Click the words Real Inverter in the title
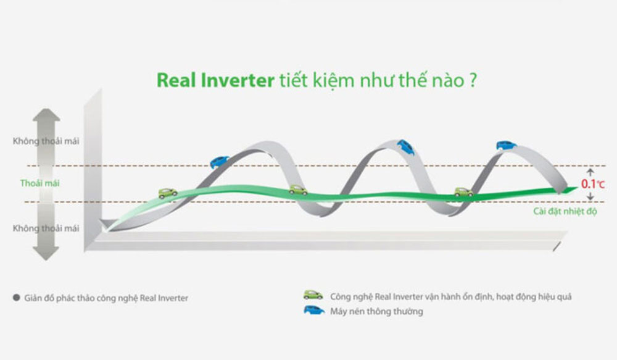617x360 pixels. [x=215, y=80]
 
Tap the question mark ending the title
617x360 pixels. [x=473, y=80]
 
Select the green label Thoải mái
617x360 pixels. [x=39, y=183]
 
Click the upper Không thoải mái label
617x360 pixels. [x=46, y=141]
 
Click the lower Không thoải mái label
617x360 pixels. [x=46, y=228]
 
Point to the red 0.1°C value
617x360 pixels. [x=592, y=183]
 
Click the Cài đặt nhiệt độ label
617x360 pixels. [x=565, y=211]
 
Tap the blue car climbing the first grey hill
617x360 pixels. [x=219, y=162]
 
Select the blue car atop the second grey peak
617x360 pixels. [x=405, y=148]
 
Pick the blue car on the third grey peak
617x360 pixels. [x=507, y=145]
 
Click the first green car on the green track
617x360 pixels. [x=168, y=193]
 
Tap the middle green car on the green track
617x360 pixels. [x=298, y=190]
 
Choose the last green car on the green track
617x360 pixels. [x=465, y=191]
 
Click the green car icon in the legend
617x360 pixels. [x=313, y=295]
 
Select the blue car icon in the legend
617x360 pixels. [x=314, y=311]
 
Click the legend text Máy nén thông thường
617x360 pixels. [x=376, y=311]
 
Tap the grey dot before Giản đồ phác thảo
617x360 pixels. [x=17, y=298]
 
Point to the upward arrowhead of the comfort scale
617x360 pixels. [x=46, y=115]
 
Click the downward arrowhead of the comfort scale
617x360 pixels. [x=46, y=254]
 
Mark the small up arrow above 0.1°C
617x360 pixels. [x=590, y=172]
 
